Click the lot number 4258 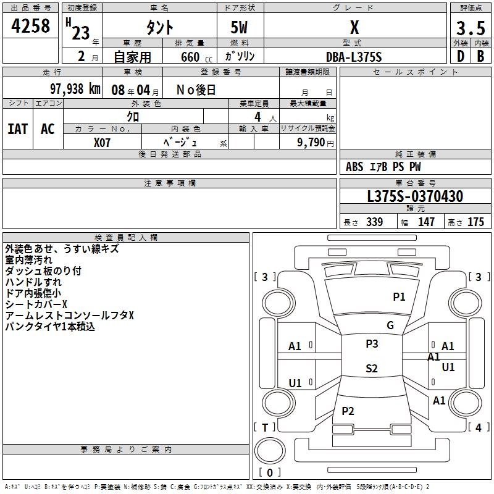30,26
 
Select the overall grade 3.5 471,28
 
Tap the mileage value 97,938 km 75,89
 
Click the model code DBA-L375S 354,57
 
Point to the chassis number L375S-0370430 415,196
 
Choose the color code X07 102,143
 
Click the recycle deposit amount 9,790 311,143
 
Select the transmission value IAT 18,129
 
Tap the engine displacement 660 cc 196,57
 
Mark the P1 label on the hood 399,297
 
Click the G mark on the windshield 390,325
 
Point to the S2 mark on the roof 372,368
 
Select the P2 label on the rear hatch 348,411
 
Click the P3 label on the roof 372,344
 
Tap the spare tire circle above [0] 270,451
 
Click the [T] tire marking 265,427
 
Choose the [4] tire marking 479,427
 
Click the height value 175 475,222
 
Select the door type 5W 239,27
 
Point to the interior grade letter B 481,56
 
